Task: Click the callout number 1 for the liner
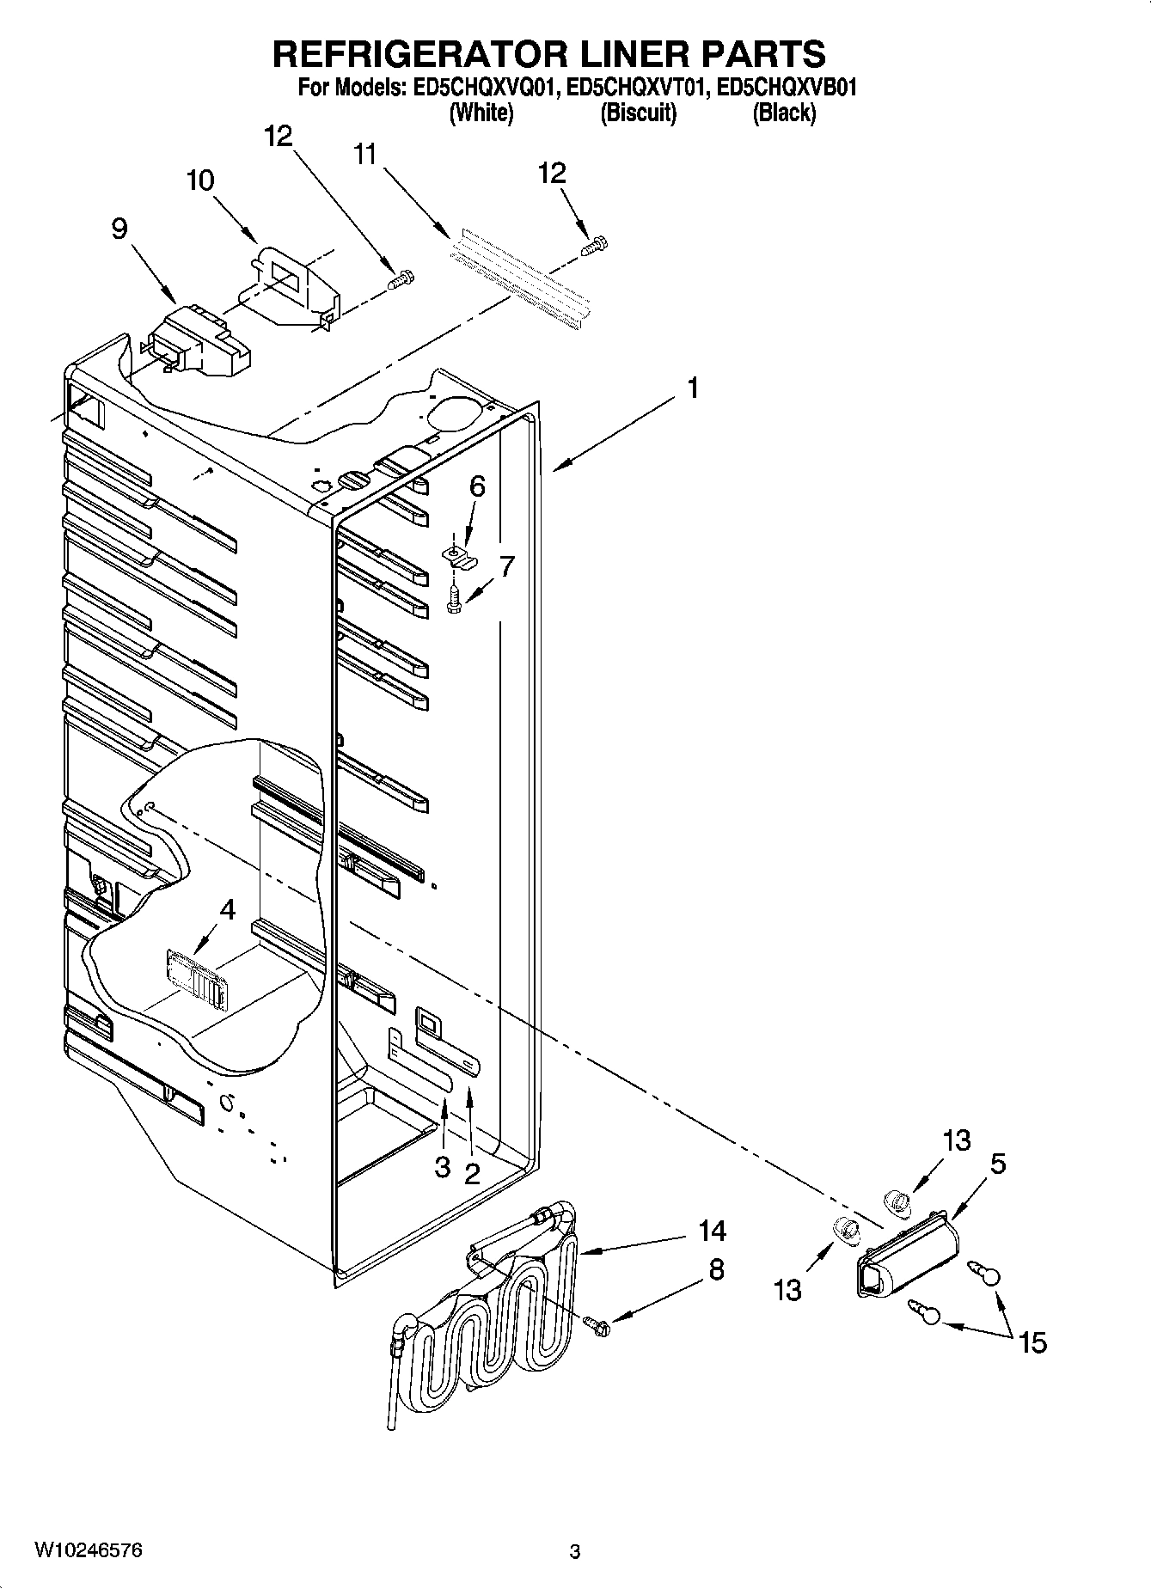tap(691, 388)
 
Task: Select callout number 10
tap(199, 180)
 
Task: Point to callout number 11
tap(364, 155)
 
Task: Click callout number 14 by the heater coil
tap(713, 1231)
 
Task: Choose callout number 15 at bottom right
tap(1032, 1342)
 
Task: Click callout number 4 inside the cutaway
tap(227, 908)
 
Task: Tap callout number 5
tap(997, 1164)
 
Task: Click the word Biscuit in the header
tap(638, 113)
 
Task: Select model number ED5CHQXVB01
tap(786, 88)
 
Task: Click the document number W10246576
tap(89, 1550)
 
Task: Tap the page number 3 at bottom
tap(575, 1552)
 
